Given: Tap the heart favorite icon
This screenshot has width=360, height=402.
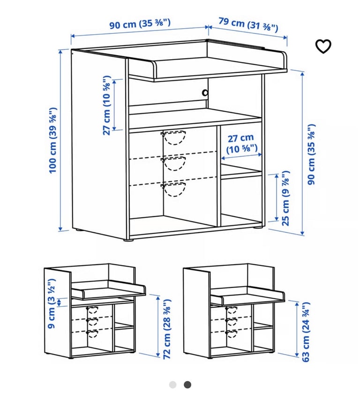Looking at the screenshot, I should pos(323,46).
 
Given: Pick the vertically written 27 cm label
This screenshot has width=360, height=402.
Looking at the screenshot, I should pos(108,105).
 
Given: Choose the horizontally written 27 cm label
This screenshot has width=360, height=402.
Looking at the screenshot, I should pos(240,144).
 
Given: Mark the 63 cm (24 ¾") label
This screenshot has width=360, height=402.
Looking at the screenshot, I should pos(306,332).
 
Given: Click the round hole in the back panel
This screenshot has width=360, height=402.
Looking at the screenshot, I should pos(205,93).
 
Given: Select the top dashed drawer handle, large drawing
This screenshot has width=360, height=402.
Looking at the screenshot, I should pos(173,138).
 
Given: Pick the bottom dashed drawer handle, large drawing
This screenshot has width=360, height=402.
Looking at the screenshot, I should pos(173,190).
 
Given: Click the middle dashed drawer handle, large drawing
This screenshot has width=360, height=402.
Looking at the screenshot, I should pos(173,164).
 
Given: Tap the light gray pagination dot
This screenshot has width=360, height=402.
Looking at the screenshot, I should pos(172,385).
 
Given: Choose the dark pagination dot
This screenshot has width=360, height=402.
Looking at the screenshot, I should pos(187,385).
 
